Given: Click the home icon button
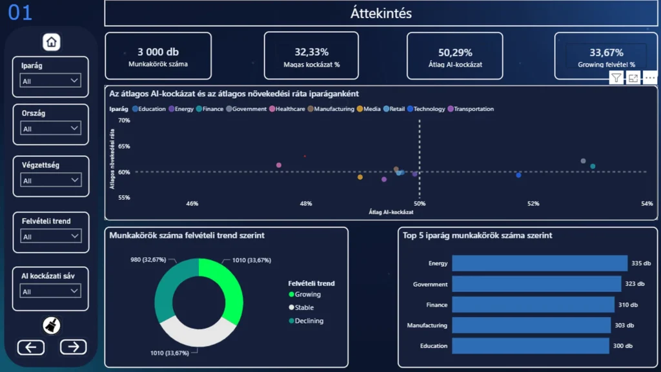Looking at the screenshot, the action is click(x=52, y=42).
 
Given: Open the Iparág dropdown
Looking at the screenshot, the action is click(x=50, y=81).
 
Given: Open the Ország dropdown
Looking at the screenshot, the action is click(x=50, y=129).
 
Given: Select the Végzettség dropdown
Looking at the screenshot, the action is click(x=50, y=180).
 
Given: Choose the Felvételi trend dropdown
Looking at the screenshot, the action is click(x=50, y=236).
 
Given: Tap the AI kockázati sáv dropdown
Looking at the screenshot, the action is click(x=50, y=291).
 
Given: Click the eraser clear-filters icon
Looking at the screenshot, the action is click(x=52, y=325).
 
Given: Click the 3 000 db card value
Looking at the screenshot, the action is click(x=158, y=52).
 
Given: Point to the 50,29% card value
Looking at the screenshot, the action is click(x=455, y=53).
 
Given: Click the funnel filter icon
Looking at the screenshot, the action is click(x=616, y=78).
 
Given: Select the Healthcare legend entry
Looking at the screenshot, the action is click(x=287, y=108).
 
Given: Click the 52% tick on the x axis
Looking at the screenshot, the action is click(x=533, y=203).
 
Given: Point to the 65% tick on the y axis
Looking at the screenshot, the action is click(x=124, y=147).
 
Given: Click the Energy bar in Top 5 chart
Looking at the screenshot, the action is click(x=540, y=263).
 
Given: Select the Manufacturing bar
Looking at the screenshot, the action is click(x=531, y=325).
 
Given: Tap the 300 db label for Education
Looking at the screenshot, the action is click(x=623, y=346).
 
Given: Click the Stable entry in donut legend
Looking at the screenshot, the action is click(x=301, y=307).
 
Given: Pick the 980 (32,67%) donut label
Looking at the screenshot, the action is click(x=148, y=260).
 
